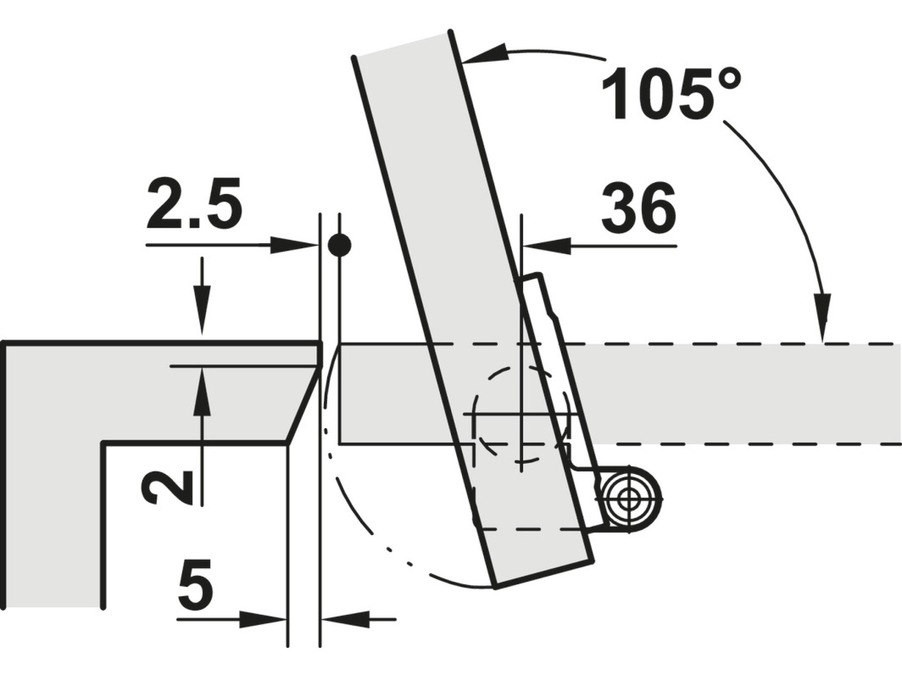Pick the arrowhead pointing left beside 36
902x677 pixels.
(546, 246)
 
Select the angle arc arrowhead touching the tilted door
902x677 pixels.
(484, 54)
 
